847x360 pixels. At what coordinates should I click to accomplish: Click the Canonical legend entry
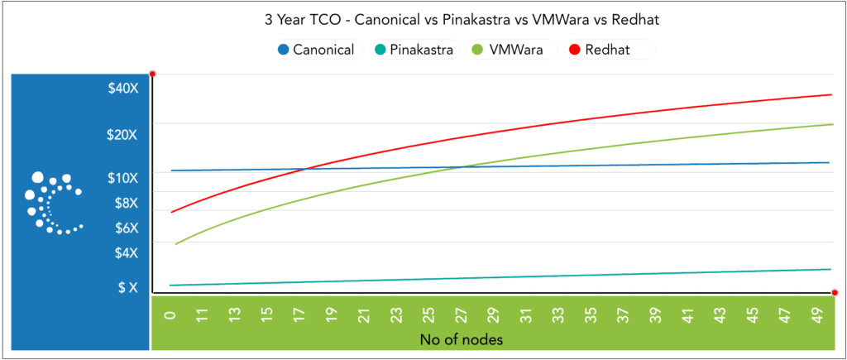pos(317,50)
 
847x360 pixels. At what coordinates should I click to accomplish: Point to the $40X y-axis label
pos(123,89)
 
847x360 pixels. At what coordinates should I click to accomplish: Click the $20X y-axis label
pos(123,135)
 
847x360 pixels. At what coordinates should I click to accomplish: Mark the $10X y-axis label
pos(123,177)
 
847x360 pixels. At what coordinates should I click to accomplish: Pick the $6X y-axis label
pos(127,228)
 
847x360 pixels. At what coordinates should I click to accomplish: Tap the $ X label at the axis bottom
pos(127,287)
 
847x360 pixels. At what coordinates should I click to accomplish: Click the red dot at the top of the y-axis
pos(152,74)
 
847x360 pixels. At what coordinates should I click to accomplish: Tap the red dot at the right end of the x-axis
pos(835,292)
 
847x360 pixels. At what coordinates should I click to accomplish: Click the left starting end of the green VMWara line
pos(176,243)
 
